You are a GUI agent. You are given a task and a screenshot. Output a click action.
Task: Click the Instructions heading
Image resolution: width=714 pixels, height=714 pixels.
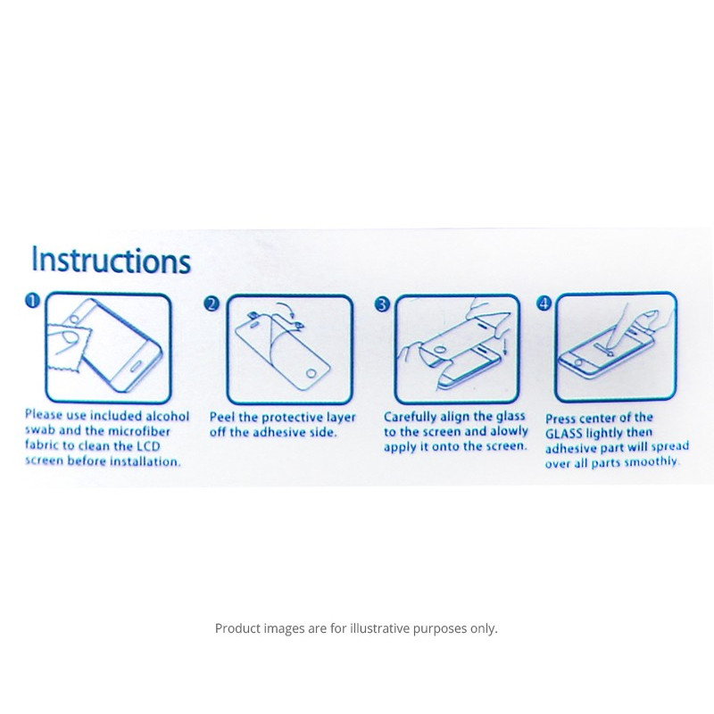111,260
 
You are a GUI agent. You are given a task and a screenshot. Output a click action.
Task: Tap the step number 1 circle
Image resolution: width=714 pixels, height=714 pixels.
32,301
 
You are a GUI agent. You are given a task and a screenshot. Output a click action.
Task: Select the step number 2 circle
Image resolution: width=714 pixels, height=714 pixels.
212,303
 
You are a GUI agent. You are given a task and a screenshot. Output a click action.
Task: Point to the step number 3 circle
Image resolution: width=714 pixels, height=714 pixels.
383,304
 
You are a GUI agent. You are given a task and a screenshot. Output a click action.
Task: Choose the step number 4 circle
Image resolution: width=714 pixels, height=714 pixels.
544,303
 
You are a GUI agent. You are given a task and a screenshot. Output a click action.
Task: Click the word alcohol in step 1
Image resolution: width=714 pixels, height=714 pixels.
168,416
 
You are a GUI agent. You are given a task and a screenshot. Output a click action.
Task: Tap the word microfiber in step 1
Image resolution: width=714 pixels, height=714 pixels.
139,431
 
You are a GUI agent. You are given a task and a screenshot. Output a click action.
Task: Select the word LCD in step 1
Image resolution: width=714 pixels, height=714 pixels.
148,445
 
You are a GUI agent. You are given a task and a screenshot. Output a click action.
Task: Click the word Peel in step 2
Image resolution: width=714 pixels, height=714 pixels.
222,417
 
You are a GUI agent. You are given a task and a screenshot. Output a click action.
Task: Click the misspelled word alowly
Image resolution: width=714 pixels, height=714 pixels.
509,431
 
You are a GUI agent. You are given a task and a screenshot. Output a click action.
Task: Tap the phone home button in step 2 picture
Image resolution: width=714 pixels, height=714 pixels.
311,374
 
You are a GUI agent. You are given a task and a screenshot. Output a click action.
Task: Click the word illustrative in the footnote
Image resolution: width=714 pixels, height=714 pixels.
380,628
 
